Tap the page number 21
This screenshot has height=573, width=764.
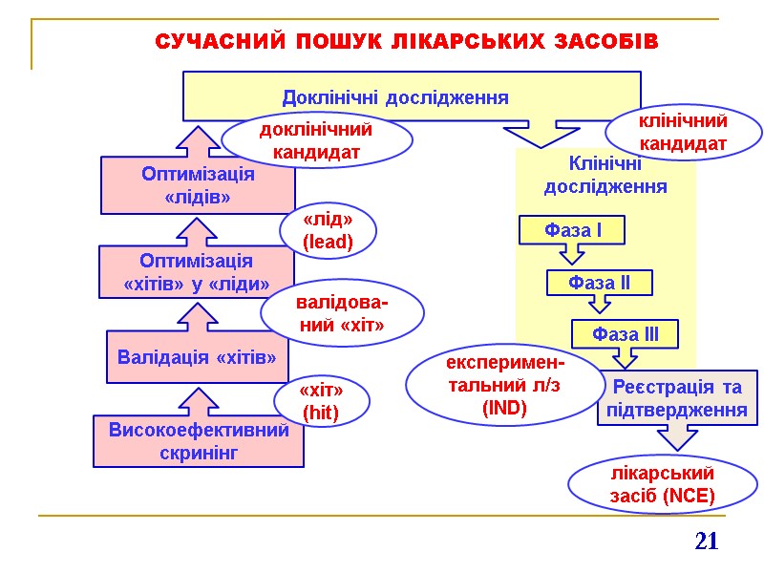[x=706, y=541]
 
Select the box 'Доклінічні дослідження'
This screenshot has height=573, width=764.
[x=395, y=96]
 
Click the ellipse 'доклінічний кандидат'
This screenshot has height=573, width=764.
[x=316, y=139]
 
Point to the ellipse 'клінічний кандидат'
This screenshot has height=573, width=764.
[x=683, y=132]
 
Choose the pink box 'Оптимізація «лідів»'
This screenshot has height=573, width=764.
[x=198, y=185]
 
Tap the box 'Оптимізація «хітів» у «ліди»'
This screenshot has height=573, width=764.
[x=196, y=272]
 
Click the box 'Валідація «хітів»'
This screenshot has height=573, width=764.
[x=197, y=357]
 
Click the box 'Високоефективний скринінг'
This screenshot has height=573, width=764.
[x=199, y=440]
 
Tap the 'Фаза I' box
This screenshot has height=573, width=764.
[x=572, y=230]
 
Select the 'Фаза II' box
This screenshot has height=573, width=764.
[x=599, y=283]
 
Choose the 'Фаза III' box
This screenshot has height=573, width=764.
[x=626, y=334]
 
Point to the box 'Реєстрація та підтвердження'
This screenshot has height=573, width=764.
[x=677, y=398]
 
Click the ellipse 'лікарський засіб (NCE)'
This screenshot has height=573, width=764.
[x=662, y=484]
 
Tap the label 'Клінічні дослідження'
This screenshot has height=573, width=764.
[x=605, y=175]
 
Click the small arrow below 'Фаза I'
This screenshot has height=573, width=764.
[x=571, y=254]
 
